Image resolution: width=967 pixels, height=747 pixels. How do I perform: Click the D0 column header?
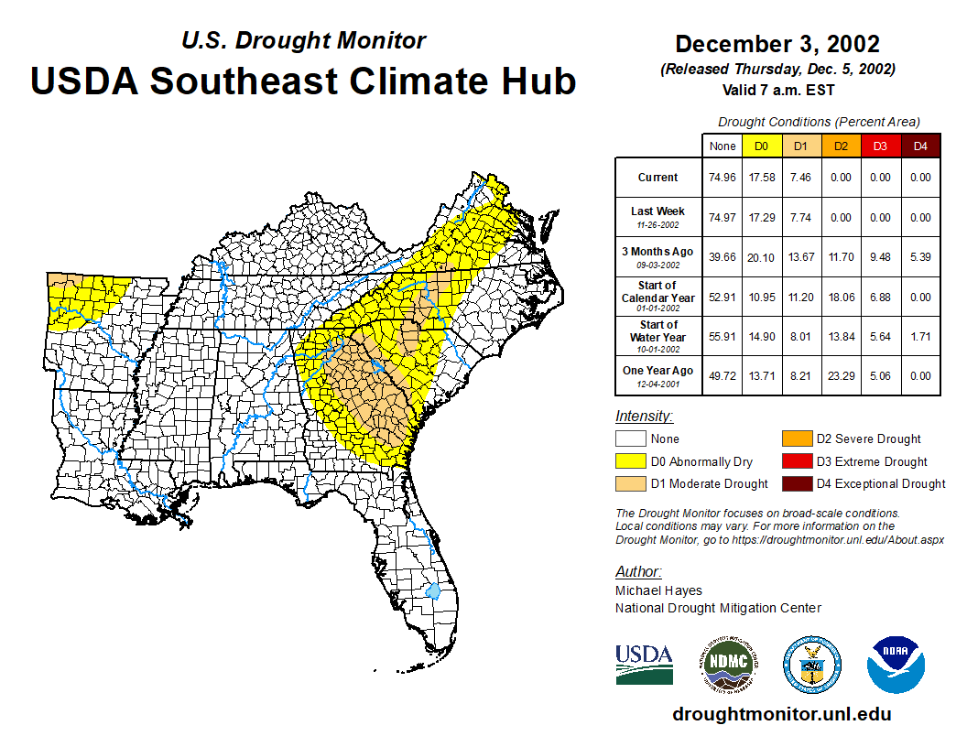(x=760, y=146)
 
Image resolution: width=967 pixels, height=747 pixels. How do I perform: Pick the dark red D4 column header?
(x=920, y=146)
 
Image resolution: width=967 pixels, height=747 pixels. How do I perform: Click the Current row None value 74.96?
(x=723, y=178)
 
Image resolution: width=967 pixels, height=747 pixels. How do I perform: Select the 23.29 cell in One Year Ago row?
(x=840, y=375)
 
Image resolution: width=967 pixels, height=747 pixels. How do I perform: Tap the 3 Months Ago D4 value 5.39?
(x=920, y=256)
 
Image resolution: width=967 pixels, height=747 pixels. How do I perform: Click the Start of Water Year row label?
(x=657, y=336)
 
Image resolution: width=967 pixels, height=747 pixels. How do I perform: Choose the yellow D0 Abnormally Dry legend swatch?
(x=629, y=461)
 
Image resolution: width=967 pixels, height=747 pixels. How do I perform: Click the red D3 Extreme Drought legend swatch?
(x=795, y=461)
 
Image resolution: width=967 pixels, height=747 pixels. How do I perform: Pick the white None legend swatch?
(x=629, y=439)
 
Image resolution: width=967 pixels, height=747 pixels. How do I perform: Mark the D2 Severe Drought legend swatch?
(x=795, y=439)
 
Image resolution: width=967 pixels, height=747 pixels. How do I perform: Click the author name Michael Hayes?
(x=658, y=590)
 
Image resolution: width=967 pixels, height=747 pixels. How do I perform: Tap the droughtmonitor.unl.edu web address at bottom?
(x=781, y=714)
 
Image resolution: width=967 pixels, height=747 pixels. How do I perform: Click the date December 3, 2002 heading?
(x=777, y=44)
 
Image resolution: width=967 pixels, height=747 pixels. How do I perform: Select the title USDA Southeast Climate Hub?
(x=303, y=81)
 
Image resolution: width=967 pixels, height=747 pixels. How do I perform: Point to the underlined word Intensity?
(x=644, y=417)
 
